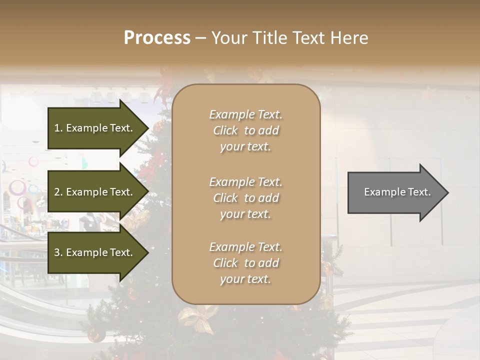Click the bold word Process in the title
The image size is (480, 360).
pos(157,38)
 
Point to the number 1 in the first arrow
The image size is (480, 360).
pos(57,128)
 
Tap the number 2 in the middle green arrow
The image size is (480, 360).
pos(57,192)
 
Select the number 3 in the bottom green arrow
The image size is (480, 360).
pos(57,252)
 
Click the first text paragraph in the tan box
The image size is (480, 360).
pos(245,130)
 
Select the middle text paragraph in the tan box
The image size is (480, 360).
pos(245,198)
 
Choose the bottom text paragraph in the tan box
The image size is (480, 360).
pos(245,263)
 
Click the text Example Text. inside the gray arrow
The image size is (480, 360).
pos(397,192)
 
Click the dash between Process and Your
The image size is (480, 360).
pos(200,38)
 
